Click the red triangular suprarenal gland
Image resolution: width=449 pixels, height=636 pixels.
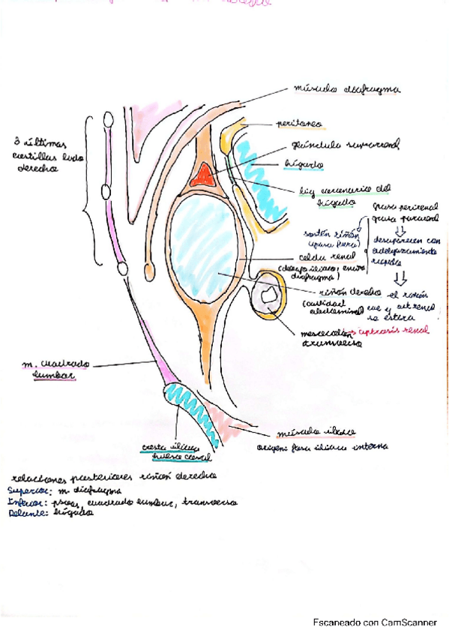pyautogui.click(x=203, y=176)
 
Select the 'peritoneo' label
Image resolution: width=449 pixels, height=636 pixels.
pyautogui.click(x=277, y=121)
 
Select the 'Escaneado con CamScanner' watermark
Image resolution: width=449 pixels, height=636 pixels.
pyautogui.click(x=375, y=622)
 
